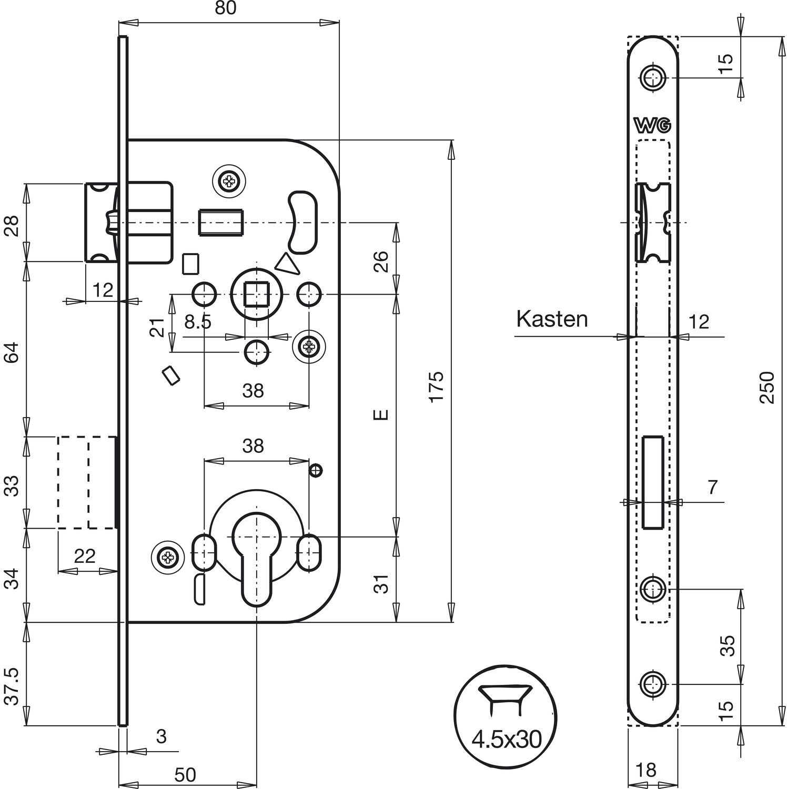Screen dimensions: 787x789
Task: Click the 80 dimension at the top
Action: click(225, 8)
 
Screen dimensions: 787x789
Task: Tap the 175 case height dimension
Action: click(437, 387)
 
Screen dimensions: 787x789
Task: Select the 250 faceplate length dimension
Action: click(768, 387)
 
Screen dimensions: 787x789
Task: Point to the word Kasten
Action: click(551, 319)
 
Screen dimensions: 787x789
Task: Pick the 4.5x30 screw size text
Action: click(506, 740)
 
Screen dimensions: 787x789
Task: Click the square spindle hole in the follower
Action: click(256, 294)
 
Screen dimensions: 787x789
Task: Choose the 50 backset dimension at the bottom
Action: click(185, 774)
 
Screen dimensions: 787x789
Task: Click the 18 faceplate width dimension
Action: click(646, 770)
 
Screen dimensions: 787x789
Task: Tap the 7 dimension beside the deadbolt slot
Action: click(712, 488)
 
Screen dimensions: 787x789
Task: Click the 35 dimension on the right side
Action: click(726, 646)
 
